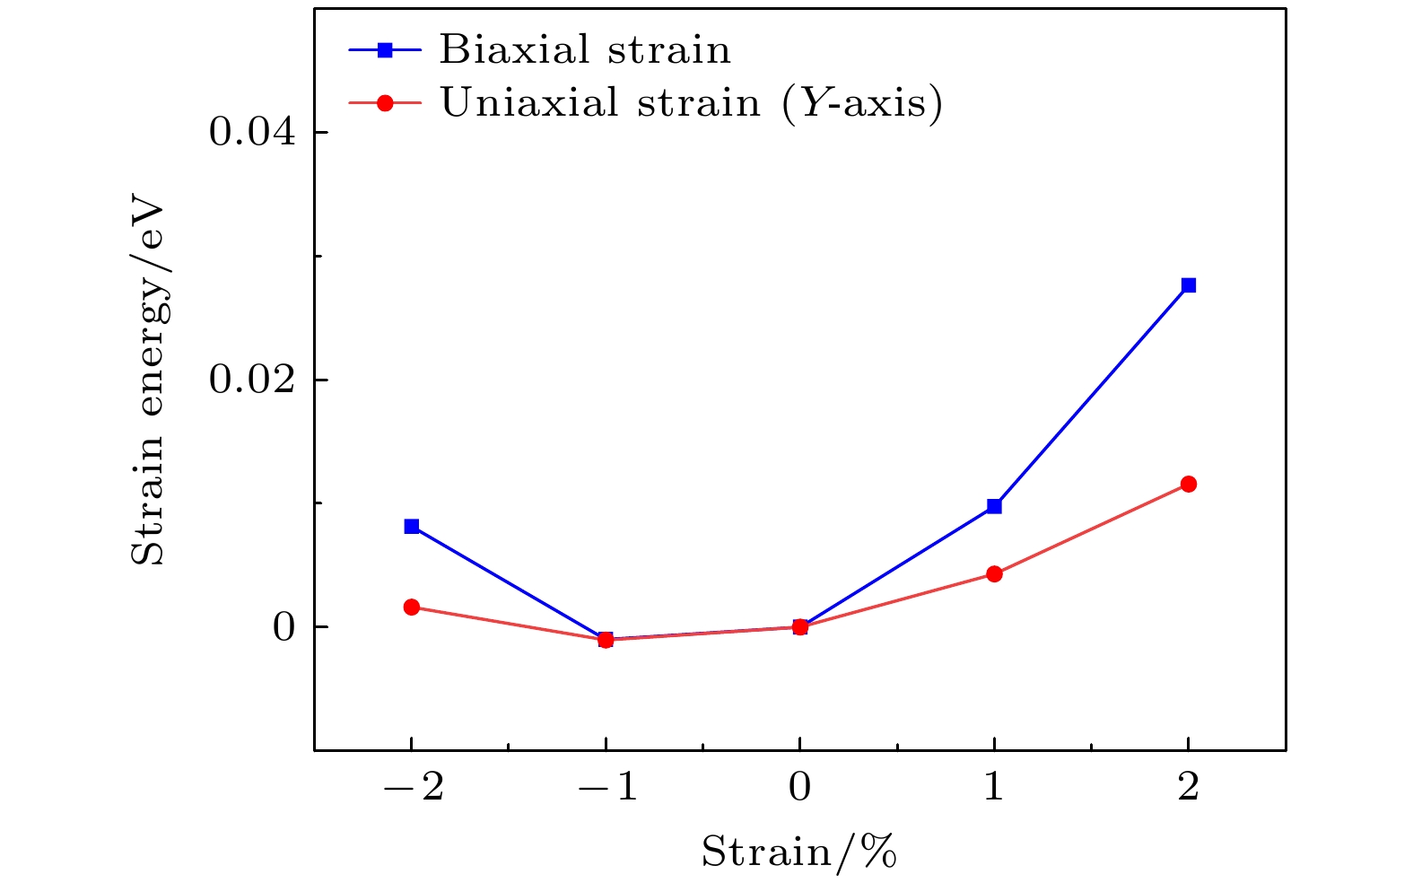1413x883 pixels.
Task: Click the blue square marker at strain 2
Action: point(1188,285)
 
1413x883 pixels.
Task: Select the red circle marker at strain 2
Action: point(1188,485)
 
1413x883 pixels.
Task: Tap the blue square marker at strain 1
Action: point(994,506)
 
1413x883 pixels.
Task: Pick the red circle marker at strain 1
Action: point(994,574)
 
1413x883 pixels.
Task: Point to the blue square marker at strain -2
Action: point(412,526)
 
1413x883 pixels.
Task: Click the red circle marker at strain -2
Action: point(412,607)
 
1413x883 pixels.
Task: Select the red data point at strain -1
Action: point(606,640)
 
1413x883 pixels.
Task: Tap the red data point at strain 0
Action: point(799,626)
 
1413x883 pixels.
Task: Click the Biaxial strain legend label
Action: point(585,50)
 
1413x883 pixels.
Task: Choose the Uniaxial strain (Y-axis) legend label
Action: point(691,103)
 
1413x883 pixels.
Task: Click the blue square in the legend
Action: point(385,51)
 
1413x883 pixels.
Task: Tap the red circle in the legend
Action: point(385,103)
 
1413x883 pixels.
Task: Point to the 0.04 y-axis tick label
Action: point(252,133)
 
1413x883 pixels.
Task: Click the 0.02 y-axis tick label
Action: point(252,380)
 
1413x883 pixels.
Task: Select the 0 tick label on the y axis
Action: point(283,627)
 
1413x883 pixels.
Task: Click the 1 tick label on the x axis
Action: point(994,788)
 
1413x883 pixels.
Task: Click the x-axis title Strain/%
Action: point(799,852)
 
